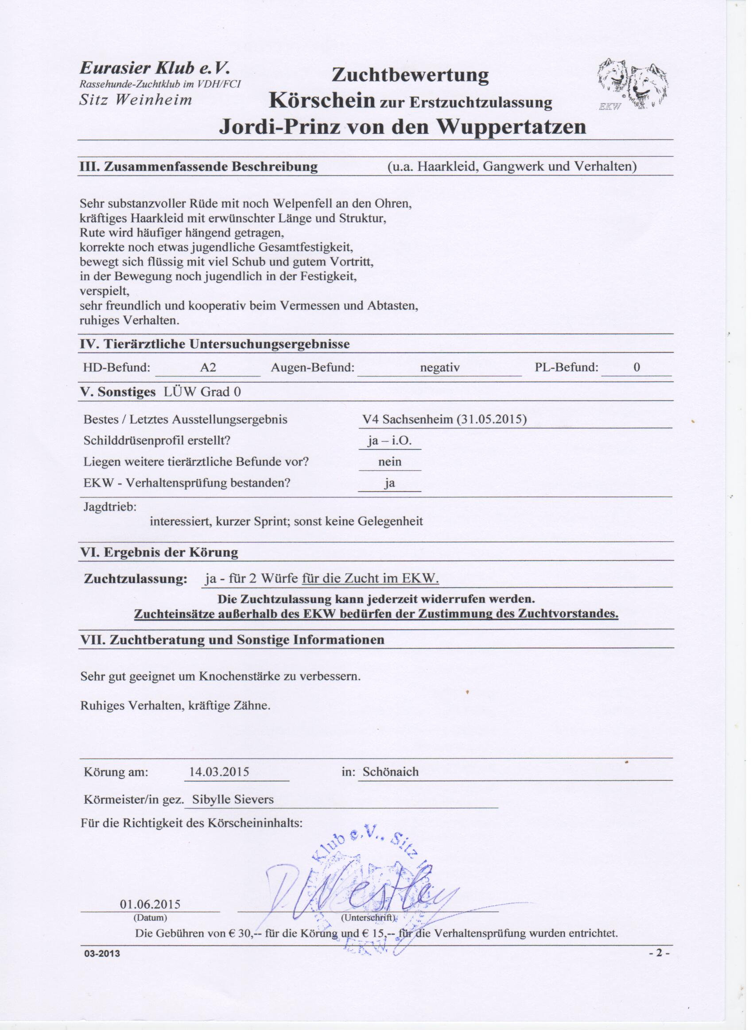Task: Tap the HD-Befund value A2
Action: point(208,368)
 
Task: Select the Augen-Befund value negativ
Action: point(439,368)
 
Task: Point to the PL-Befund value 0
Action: point(637,367)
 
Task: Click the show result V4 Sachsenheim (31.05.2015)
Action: point(444,419)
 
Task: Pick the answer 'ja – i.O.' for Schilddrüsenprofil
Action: point(390,441)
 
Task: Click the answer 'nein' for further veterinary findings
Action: point(390,462)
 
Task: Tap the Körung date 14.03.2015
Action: point(219,772)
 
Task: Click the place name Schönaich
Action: point(391,772)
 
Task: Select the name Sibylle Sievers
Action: point(233,799)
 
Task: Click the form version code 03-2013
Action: point(102,953)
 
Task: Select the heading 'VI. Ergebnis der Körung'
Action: point(159,553)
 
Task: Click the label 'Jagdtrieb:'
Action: point(110,507)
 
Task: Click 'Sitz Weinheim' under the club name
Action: point(136,100)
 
